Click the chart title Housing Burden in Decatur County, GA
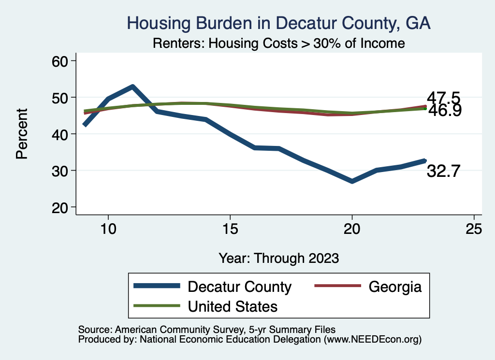coord(278,23)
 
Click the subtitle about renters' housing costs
coord(278,43)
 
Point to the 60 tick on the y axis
coord(61,61)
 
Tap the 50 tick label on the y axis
coord(61,98)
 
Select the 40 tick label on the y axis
coord(61,134)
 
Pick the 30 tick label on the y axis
coord(61,171)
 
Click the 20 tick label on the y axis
coord(61,207)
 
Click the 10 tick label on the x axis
coord(108,229)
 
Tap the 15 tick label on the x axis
coord(230,229)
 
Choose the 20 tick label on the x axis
coord(352,229)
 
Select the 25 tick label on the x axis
coord(474,229)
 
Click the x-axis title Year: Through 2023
coord(278,258)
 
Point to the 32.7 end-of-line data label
coord(443,172)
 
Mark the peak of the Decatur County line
coord(132,86)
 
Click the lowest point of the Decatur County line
coord(352,181)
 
